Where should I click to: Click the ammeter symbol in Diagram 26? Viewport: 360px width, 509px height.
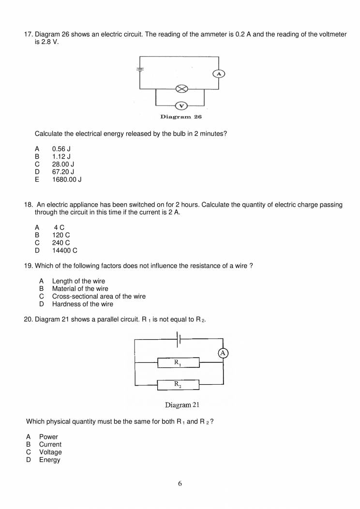coord(219,74)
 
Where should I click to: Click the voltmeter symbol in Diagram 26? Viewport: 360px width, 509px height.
coord(180,105)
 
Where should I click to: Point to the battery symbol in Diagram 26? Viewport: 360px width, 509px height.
coord(140,68)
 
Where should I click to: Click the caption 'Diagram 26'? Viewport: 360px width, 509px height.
coord(181,117)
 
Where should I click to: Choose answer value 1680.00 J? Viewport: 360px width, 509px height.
coord(66,180)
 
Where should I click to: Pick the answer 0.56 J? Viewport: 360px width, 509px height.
coord(61,149)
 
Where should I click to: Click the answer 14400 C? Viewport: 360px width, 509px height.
coord(64,251)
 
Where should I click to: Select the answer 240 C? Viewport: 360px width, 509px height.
coord(61,243)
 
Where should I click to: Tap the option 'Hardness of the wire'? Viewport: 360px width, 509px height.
coord(82,304)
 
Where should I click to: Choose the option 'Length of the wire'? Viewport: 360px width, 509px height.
coord(78,281)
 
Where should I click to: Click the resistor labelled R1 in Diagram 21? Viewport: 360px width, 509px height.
coord(179,362)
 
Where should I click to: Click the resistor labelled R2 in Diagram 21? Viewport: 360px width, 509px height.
coord(179,385)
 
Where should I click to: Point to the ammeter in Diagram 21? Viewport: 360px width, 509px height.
coord(223,353)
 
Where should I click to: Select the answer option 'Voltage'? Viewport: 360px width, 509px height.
coord(50,452)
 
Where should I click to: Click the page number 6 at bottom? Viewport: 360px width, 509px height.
coord(180,483)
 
